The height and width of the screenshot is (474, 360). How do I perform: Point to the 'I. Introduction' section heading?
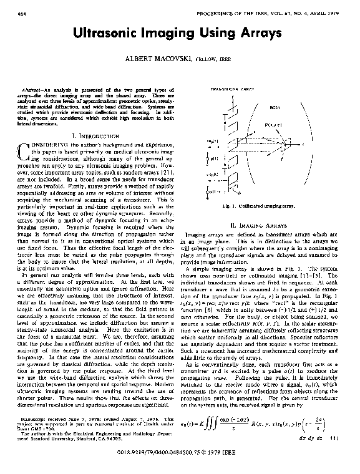pos(95,135)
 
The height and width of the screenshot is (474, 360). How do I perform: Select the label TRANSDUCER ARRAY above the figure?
pos(230,89)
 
